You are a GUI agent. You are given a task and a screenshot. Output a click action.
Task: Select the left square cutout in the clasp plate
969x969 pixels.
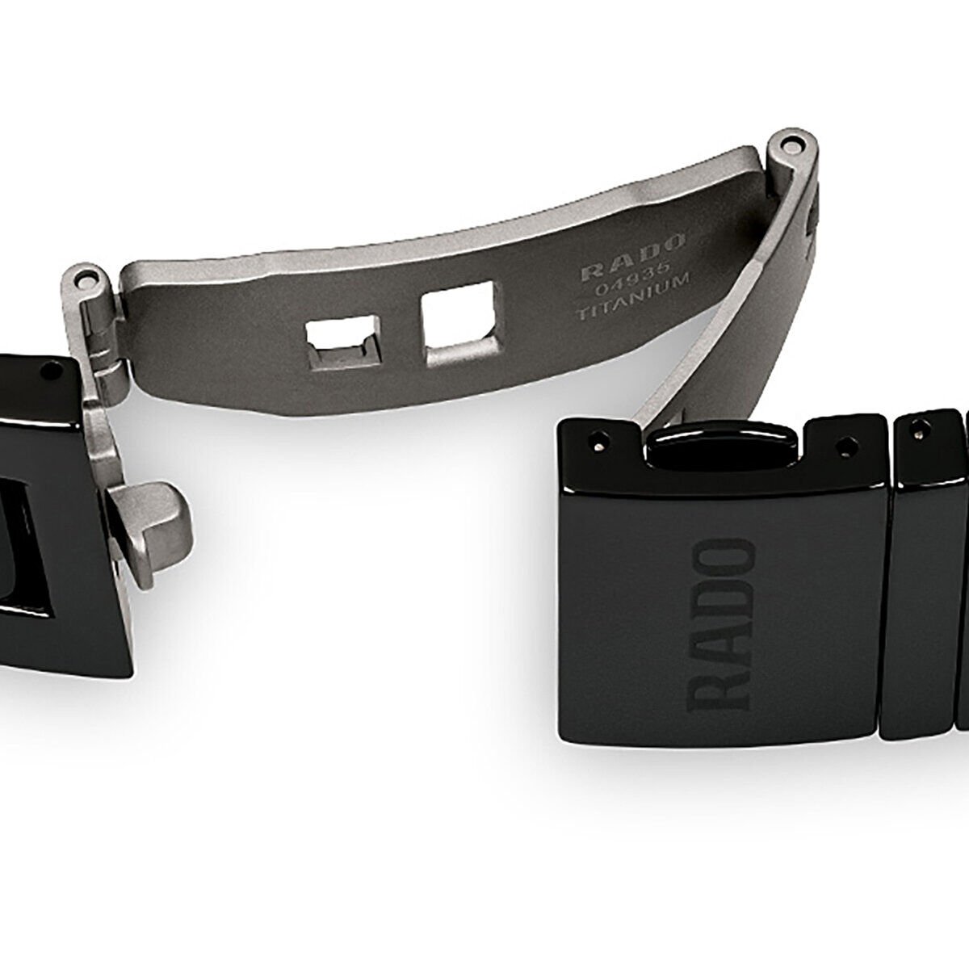pyautogui.click(x=343, y=343)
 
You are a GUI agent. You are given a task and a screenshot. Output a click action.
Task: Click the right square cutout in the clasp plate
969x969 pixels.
pyautogui.click(x=460, y=324)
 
